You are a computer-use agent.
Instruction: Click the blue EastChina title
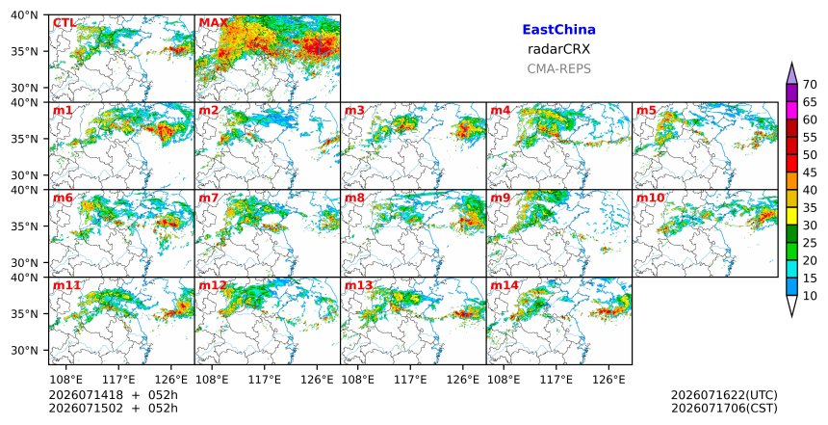558,30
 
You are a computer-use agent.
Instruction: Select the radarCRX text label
558,49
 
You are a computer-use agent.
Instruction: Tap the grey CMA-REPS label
558,68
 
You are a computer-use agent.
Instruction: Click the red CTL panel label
64,23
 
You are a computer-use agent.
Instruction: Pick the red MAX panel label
213,23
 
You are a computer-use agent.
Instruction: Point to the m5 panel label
646,111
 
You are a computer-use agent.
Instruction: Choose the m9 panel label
501,199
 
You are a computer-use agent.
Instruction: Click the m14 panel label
505,286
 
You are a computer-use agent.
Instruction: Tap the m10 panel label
650,199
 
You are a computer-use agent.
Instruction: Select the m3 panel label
354,111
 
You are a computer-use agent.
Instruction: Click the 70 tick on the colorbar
810,85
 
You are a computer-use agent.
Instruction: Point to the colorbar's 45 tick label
810,173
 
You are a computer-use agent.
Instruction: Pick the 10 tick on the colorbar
810,296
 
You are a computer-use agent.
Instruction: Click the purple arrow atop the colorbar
791,74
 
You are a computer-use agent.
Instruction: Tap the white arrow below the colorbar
791,305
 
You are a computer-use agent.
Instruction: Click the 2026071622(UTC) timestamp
724,395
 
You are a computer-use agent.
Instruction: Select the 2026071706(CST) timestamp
724,409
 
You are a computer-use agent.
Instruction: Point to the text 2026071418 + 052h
113,395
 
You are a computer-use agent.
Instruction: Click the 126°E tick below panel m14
608,380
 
